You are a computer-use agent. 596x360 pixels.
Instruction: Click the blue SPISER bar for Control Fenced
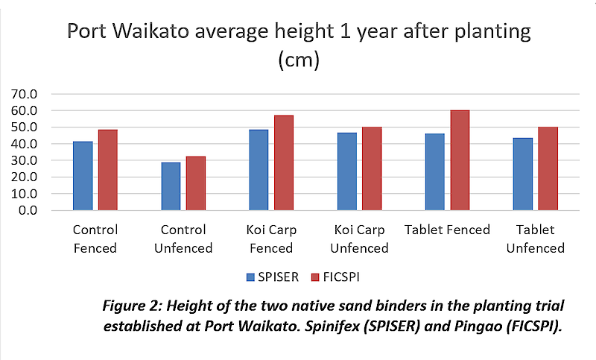pyautogui.click(x=83, y=176)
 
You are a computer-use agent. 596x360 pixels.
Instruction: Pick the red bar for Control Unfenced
pyautogui.click(x=196, y=183)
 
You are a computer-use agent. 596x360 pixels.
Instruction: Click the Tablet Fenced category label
pyautogui.click(x=447, y=230)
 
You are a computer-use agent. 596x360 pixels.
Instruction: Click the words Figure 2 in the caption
pyautogui.click(x=221, y=306)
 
